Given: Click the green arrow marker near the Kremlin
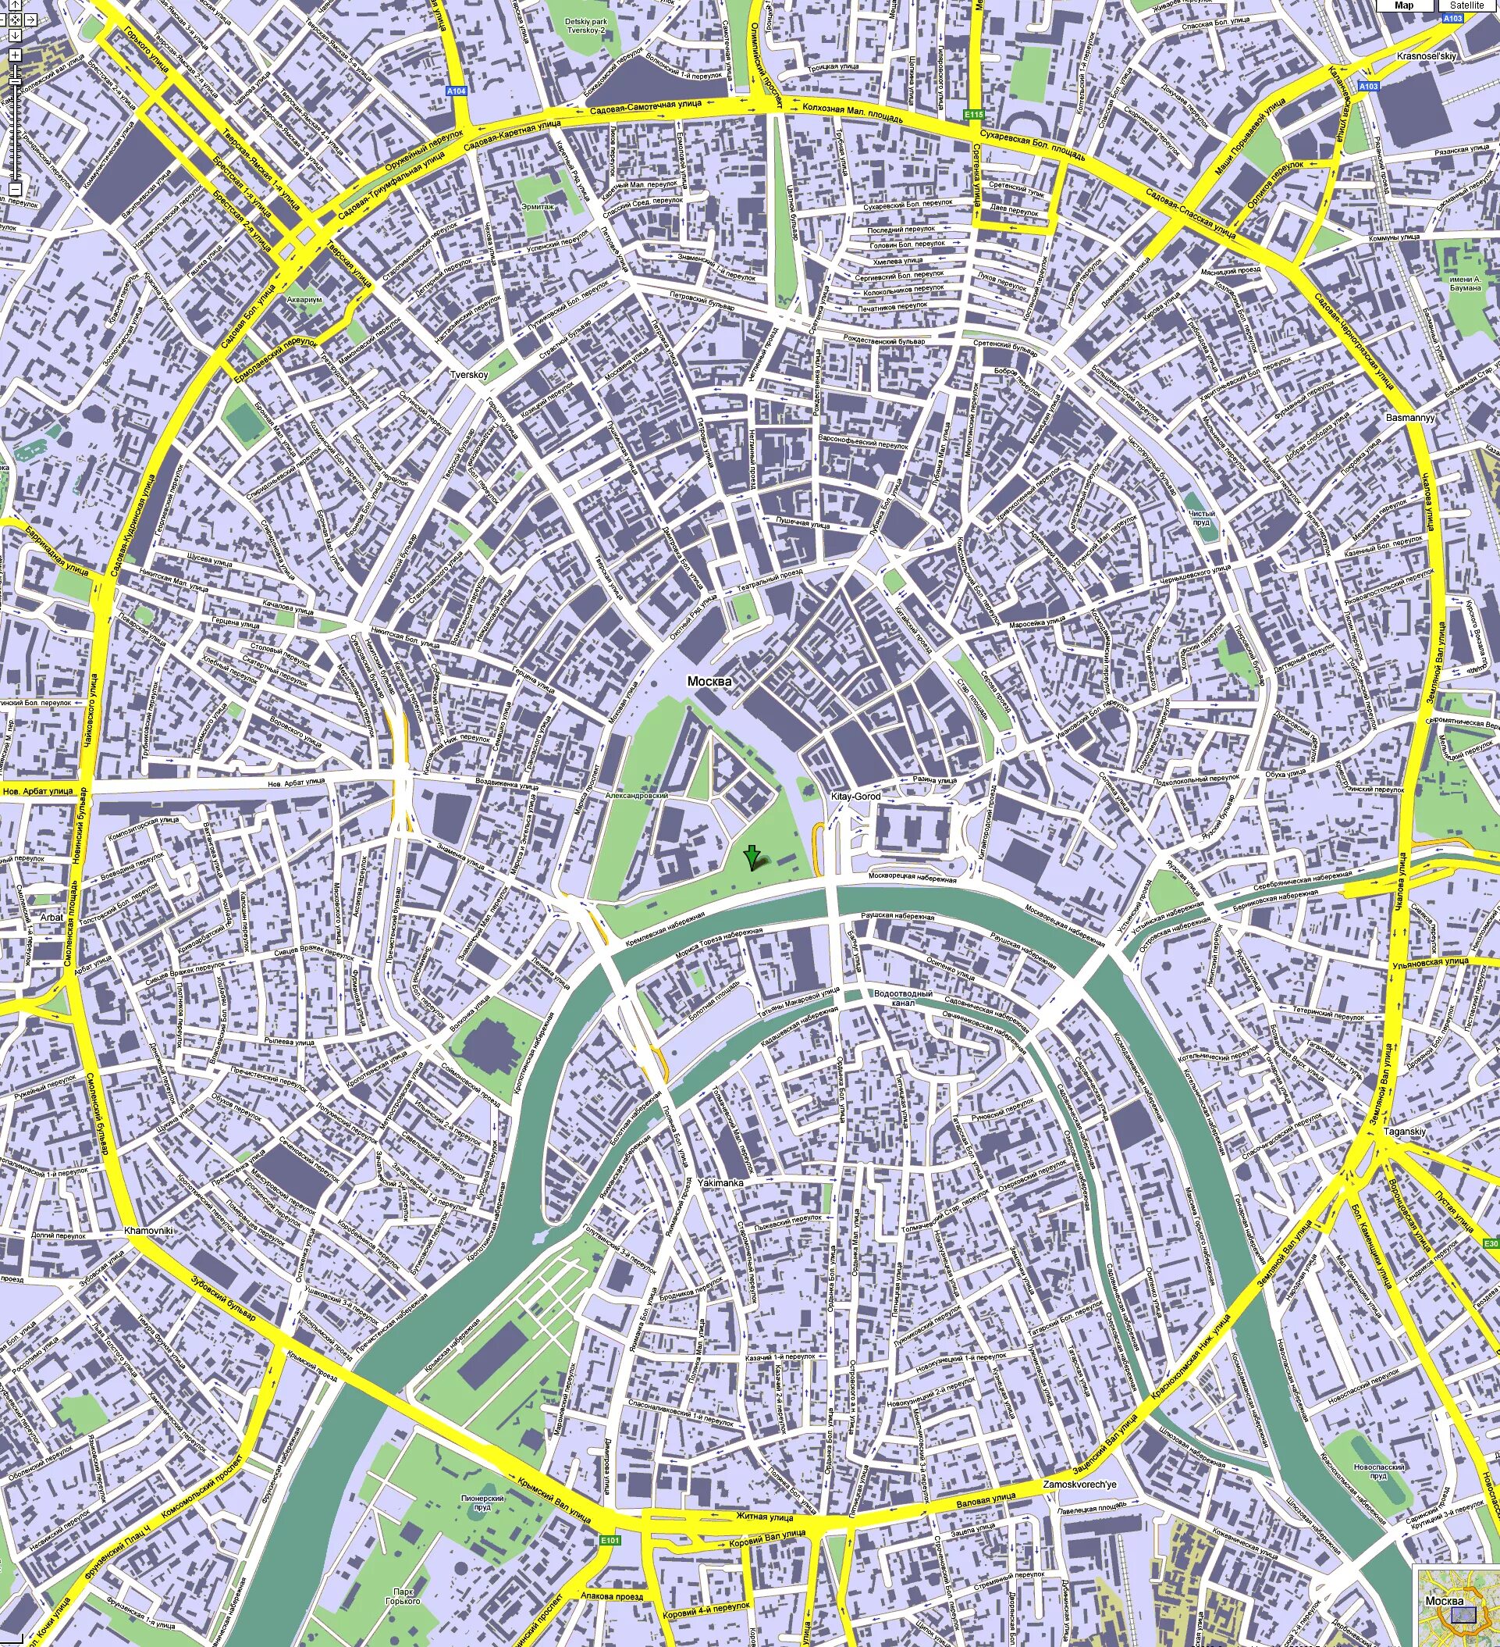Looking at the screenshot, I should point(752,857).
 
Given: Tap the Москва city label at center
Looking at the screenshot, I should point(709,681).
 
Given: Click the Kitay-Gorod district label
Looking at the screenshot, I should point(855,796).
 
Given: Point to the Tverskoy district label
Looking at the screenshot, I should point(469,375).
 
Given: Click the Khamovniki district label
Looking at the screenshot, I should point(148,1230).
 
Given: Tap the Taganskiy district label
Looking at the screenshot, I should point(1405,1132).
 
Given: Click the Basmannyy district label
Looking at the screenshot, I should point(1410,418).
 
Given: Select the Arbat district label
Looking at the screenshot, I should point(52,918).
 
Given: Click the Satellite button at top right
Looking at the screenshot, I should point(1466,5).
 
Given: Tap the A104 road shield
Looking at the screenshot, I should point(457,91).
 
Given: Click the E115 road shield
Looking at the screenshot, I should point(972,114).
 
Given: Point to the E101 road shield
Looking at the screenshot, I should point(610,1541).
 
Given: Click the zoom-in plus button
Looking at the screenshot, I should point(15,55).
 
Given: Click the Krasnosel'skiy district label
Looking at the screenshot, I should point(1427,56).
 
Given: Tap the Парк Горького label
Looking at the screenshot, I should point(404,1595).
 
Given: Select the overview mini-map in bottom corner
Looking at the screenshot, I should point(1458,1606).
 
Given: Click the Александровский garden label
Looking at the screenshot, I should point(637,795).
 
